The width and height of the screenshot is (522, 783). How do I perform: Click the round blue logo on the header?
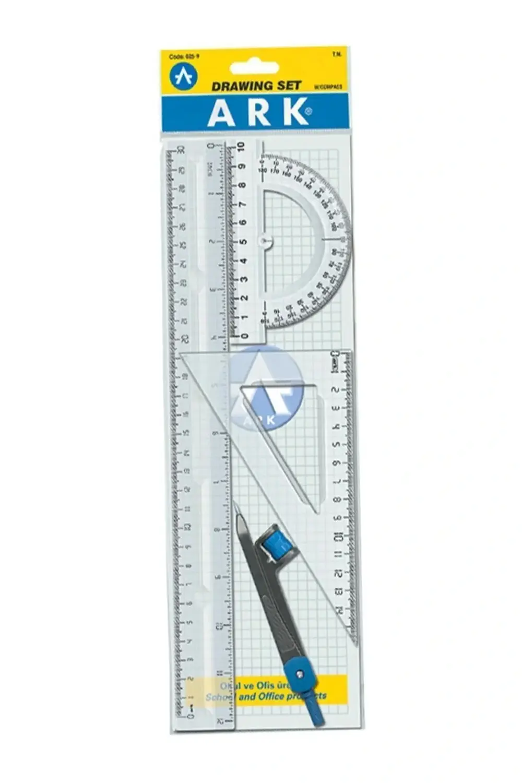tap(184, 76)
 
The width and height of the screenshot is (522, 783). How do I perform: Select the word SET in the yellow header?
tap(289, 86)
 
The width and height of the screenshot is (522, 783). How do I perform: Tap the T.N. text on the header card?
tap(336, 54)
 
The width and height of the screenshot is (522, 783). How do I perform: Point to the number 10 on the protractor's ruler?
tap(241, 147)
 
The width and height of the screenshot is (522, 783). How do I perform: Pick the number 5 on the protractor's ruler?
tap(242, 242)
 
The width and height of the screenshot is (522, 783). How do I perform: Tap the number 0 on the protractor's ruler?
tap(241, 336)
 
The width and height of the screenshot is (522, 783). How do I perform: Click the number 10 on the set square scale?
tap(338, 536)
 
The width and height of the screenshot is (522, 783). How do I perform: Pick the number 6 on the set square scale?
tap(337, 463)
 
